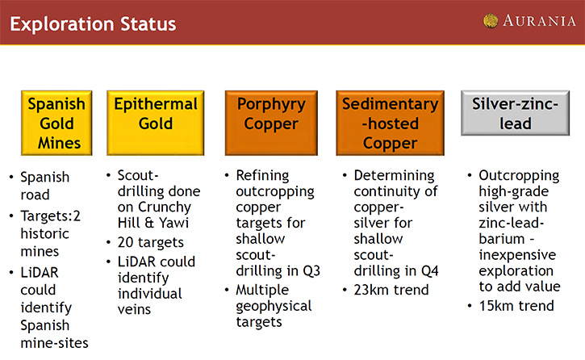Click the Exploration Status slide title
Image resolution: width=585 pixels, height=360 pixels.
93,24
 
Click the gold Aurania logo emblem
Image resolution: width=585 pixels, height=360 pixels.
491,21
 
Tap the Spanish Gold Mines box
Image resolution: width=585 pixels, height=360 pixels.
56,123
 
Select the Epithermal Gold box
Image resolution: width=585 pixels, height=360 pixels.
156,123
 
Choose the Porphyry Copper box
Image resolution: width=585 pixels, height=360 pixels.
271,123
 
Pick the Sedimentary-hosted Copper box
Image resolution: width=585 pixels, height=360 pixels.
391,123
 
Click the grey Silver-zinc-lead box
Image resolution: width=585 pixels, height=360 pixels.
516,113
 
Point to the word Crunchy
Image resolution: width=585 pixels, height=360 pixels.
165,207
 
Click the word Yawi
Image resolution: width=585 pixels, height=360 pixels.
173,223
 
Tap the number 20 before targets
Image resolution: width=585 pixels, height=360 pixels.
125,242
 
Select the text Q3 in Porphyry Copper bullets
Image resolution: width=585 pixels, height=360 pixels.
311,271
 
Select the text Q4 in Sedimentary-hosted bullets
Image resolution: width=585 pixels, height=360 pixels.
430,271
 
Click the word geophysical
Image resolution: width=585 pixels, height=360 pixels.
274,307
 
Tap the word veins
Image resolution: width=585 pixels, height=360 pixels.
134,310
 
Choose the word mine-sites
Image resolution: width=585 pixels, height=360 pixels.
55,343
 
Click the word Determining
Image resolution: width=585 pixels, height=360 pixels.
395,176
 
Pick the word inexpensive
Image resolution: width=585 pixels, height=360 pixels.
517,256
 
